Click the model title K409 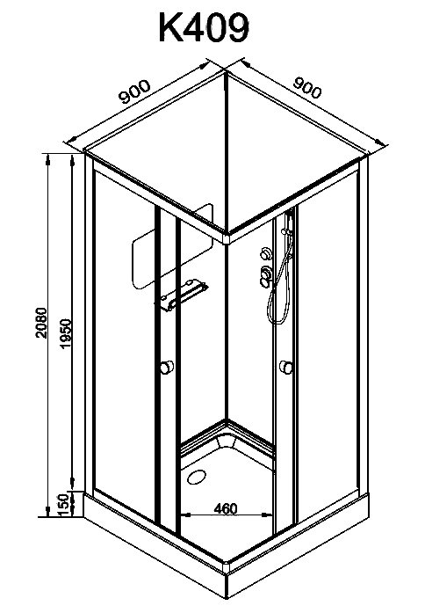click(204, 28)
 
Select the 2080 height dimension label click(41, 323)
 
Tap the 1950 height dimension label click(67, 333)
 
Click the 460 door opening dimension click(226, 508)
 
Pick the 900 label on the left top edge click(134, 92)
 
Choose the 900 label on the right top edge click(307, 88)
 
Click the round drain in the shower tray click(197, 477)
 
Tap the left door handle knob click(167, 367)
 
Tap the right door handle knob click(286, 368)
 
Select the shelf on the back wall click(184, 295)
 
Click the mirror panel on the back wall click(172, 246)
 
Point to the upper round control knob click(267, 253)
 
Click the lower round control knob click(267, 274)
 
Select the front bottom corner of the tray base click(227, 596)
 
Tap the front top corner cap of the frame click(227, 237)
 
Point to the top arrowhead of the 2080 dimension click(48, 158)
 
